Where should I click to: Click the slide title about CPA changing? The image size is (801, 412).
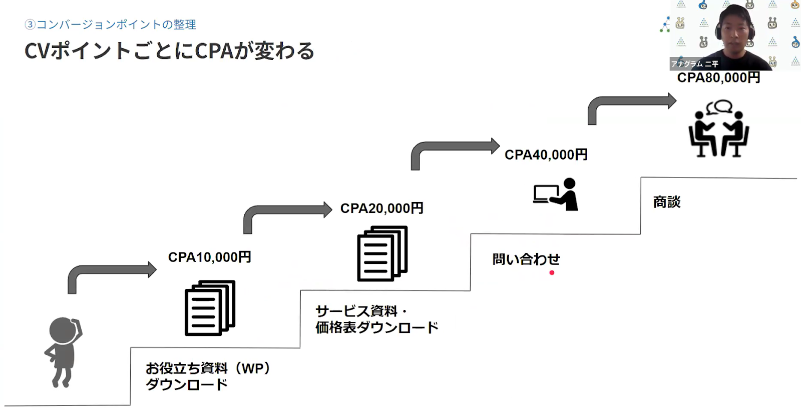pos(169,51)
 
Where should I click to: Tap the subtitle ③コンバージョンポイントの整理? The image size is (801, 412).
pos(110,24)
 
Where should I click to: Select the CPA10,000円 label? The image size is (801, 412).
pos(209,257)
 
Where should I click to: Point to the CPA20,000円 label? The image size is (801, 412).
pos(381,208)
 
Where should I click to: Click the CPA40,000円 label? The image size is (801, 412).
pos(546,155)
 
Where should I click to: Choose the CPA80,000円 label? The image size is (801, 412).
pos(718,78)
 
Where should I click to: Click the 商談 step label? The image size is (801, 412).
pos(667,202)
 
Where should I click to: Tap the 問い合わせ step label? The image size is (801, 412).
pos(526,259)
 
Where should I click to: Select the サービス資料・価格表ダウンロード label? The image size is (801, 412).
pos(376,319)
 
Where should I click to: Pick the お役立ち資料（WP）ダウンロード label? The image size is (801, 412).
pos(208,376)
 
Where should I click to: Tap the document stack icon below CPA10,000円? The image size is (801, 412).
pos(210,307)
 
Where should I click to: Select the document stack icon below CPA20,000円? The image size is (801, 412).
pos(382,253)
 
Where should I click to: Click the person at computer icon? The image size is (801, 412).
pos(556,194)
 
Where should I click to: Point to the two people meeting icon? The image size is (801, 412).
pos(718,129)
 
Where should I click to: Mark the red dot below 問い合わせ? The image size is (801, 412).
pos(552,272)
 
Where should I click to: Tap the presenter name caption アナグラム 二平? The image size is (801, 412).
pos(694,64)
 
